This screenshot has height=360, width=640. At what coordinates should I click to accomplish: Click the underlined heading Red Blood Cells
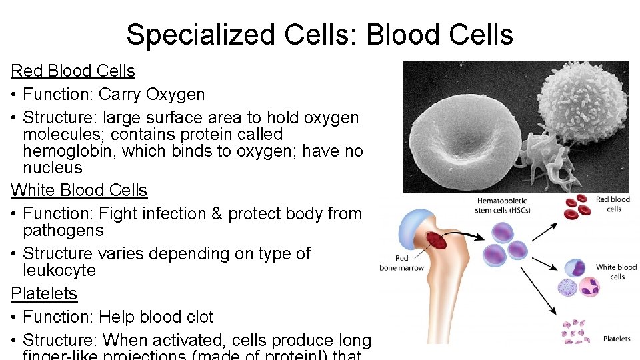pyautogui.click(x=73, y=71)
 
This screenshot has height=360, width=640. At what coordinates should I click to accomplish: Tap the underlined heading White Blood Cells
pyautogui.click(x=79, y=190)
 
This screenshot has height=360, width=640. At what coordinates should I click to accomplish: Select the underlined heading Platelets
pyautogui.click(x=44, y=293)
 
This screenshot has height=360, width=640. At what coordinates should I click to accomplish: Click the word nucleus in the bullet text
pyautogui.click(x=53, y=167)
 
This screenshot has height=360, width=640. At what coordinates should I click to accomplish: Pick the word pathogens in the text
pyautogui.click(x=63, y=231)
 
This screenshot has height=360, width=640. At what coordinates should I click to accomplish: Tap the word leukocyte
pyautogui.click(x=59, y=270)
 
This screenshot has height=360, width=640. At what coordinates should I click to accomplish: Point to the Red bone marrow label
pyautogui.click(x=402, y=263)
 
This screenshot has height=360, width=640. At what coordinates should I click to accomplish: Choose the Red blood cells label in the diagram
pyautogui.click(x=613, y=204)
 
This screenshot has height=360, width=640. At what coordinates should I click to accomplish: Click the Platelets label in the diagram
pyautogui.click(x=617, y=339)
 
